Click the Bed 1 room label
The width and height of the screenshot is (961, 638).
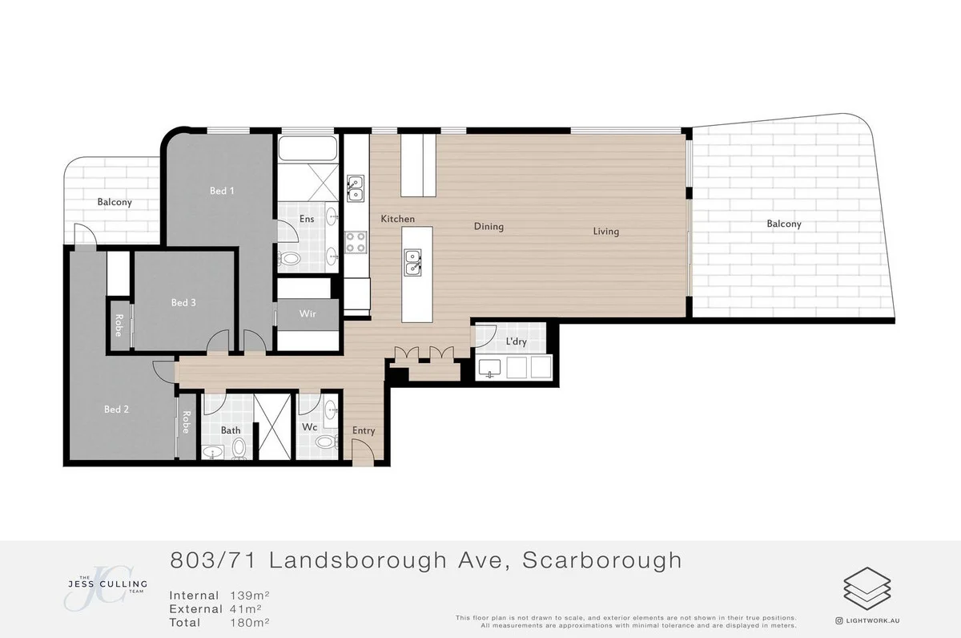point(222,191)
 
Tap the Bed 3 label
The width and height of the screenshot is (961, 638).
point(183,303)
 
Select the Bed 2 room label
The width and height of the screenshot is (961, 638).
point(116,410)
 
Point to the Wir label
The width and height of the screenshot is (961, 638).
point(308,313)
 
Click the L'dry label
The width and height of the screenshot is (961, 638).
point(516,342)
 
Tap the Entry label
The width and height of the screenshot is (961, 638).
point(364,430)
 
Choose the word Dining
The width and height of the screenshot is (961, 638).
point(489,227)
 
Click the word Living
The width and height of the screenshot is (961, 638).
point(606,232)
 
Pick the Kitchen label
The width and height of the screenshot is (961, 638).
point(397,219)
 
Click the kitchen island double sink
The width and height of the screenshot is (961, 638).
point(413,262)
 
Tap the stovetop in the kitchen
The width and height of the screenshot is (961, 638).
point(356,241)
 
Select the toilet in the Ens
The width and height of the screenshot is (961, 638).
point(291,258)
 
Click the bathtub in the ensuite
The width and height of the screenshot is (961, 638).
point(308,149)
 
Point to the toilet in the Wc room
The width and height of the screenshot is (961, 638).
point(326,442)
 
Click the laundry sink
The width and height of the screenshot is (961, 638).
point(489,368)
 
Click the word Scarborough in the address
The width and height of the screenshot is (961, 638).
point(601,560)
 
